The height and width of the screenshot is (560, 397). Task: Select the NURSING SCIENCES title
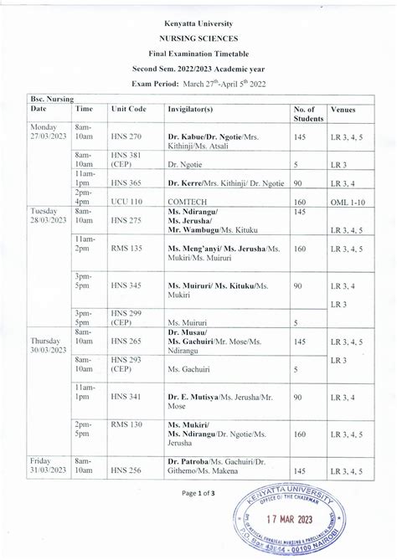(198, 39)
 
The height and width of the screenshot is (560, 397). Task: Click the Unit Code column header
(128, 110)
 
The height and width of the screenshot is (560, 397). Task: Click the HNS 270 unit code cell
(126, 136)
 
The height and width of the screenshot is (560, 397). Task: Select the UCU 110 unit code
(126, 202)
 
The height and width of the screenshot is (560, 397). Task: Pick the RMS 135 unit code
(126, 249)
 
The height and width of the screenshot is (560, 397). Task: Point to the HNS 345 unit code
(126, 286)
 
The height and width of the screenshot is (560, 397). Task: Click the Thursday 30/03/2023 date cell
(47, 347)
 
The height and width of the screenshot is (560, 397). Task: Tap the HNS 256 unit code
(126, 470)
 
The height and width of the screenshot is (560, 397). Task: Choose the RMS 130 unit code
(126, 424)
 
